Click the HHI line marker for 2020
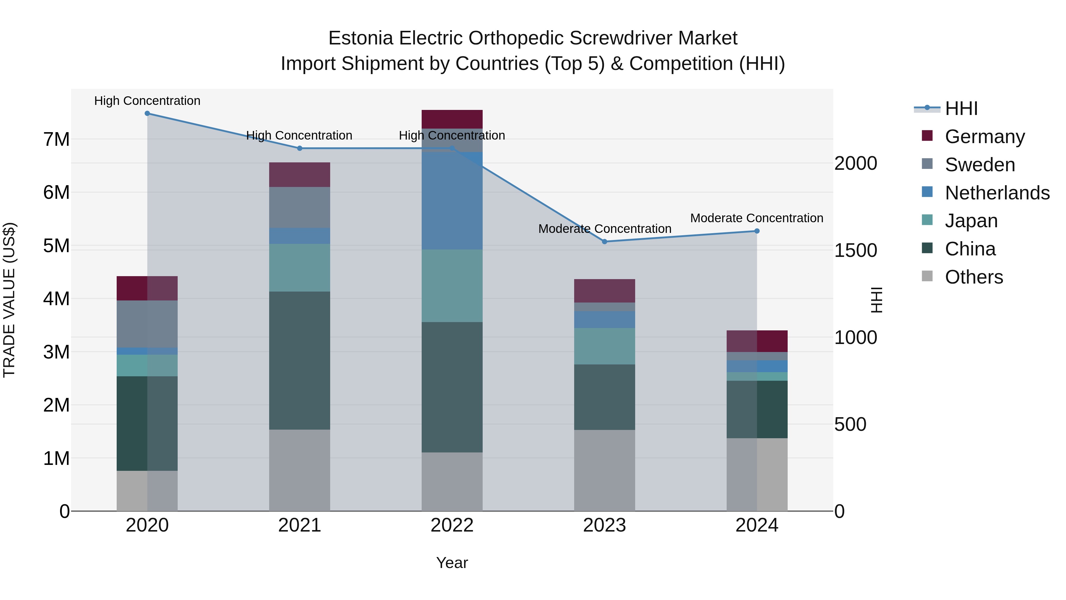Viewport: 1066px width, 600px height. pos(147,113)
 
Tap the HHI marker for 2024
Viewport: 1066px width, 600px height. pos(757,231)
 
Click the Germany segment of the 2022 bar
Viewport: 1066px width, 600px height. pos(452,119)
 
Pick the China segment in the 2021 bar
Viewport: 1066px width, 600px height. pos(300,360)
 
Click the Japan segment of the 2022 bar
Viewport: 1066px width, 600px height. pos(452,286)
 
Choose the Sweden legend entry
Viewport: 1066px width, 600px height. pos(980,165)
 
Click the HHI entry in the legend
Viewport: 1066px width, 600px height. pos(961,108)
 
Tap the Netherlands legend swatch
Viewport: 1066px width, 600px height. pos(927,192)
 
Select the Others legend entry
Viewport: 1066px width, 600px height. pos(974,277)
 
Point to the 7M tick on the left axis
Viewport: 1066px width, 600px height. pos(56,140)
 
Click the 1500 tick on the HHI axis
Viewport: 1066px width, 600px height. pos(855,250)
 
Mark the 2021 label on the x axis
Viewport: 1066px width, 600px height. pos(300,525)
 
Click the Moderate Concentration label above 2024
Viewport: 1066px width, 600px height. pos(757,218)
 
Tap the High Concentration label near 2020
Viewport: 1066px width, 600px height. pos(147,101)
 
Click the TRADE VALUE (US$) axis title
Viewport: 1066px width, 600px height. pos(9,300)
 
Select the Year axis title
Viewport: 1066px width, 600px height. pos(452,563)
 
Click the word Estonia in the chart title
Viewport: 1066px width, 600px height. pos(360,38)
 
